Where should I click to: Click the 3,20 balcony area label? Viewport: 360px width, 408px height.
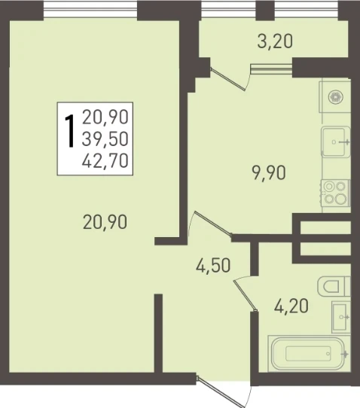[x=275, y=42]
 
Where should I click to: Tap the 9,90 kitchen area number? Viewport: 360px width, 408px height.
[x=268, y=173]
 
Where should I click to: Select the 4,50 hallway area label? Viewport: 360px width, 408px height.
[x=213, y=266]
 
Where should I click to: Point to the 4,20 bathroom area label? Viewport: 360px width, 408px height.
[x=291, y=306]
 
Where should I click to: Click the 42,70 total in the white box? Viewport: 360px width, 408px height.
[x=105, y=160]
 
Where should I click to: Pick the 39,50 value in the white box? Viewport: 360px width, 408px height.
[x=105, y=139]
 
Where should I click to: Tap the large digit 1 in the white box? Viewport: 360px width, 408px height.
[x=70, y=131]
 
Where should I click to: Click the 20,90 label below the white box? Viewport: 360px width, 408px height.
[x=105, y=222]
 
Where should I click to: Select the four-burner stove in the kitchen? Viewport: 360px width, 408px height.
[x=336, y=193]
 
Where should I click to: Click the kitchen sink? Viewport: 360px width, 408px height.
[x=336, y=142]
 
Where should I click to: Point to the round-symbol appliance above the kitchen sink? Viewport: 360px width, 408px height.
[x=335, y=97]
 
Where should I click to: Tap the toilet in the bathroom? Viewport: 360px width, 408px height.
[x=334, y=286]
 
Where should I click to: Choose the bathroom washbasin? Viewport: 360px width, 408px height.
[x=340, y=317]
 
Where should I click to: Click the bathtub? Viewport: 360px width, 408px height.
[x=309, y=354]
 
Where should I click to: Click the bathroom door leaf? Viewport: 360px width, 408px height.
[x=246, y=295]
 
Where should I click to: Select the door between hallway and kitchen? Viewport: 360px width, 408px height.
[x=213, y=223]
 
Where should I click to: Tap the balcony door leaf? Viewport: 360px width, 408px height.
[x=227, y=79]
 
